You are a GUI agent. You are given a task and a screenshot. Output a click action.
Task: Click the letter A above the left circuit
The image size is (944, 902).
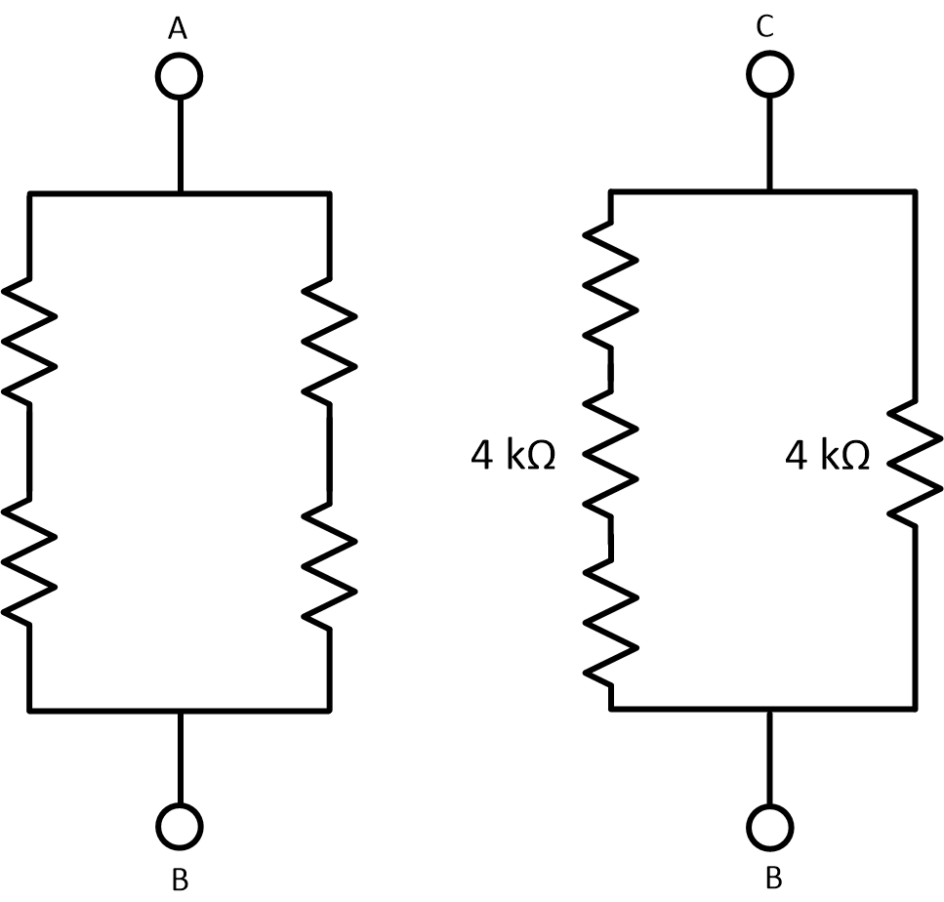coord(178,29)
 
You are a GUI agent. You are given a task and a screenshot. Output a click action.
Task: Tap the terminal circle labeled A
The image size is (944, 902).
coord(180,75)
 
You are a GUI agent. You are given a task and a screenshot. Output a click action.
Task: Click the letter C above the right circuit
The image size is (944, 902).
coord(765,27)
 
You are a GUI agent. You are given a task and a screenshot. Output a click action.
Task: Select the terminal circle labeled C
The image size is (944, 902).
coord(770,74)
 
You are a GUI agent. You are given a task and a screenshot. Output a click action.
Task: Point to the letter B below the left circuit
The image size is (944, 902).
coord(180,879)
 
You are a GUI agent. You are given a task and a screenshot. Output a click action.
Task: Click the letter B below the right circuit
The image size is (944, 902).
coord(773,878)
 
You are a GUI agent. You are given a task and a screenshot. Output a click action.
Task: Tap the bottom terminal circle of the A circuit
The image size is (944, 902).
coord(180,827)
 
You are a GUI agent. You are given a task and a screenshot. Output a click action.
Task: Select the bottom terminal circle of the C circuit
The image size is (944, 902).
coord(771,827)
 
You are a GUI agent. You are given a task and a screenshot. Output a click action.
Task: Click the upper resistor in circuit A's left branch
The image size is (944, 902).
coord(30,340)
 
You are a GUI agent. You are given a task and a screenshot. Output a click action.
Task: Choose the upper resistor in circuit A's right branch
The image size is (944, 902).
coord(329,340)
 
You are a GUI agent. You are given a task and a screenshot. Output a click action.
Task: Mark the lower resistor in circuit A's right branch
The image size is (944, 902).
coord(329,563)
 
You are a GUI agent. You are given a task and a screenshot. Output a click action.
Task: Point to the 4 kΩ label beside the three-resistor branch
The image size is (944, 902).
coord(513,456)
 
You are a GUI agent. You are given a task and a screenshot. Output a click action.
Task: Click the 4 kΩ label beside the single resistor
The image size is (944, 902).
coord(827,456)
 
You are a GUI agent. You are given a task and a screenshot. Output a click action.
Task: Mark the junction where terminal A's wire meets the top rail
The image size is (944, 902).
coord(180,193)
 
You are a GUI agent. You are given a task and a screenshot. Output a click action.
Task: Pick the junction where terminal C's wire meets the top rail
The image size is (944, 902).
coord(770,191)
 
